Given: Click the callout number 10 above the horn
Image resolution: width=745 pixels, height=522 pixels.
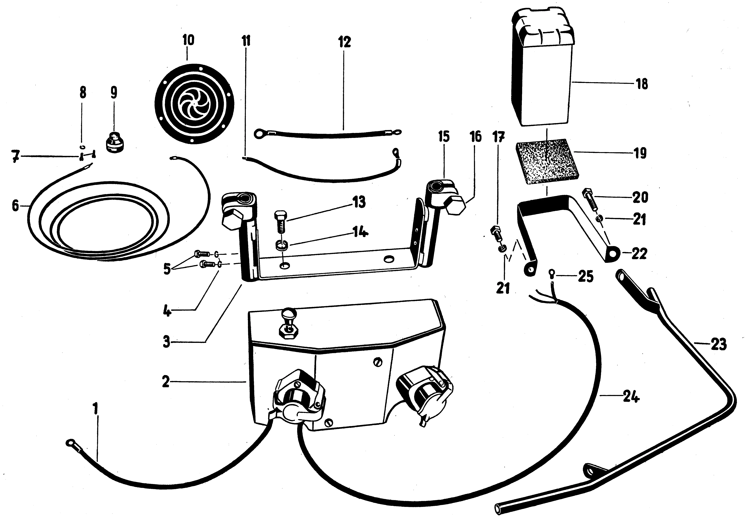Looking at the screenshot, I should [188, 40].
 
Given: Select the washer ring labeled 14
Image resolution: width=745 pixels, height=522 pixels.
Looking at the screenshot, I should [282, 245].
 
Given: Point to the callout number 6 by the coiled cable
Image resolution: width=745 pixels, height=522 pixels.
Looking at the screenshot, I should [15, 205].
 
